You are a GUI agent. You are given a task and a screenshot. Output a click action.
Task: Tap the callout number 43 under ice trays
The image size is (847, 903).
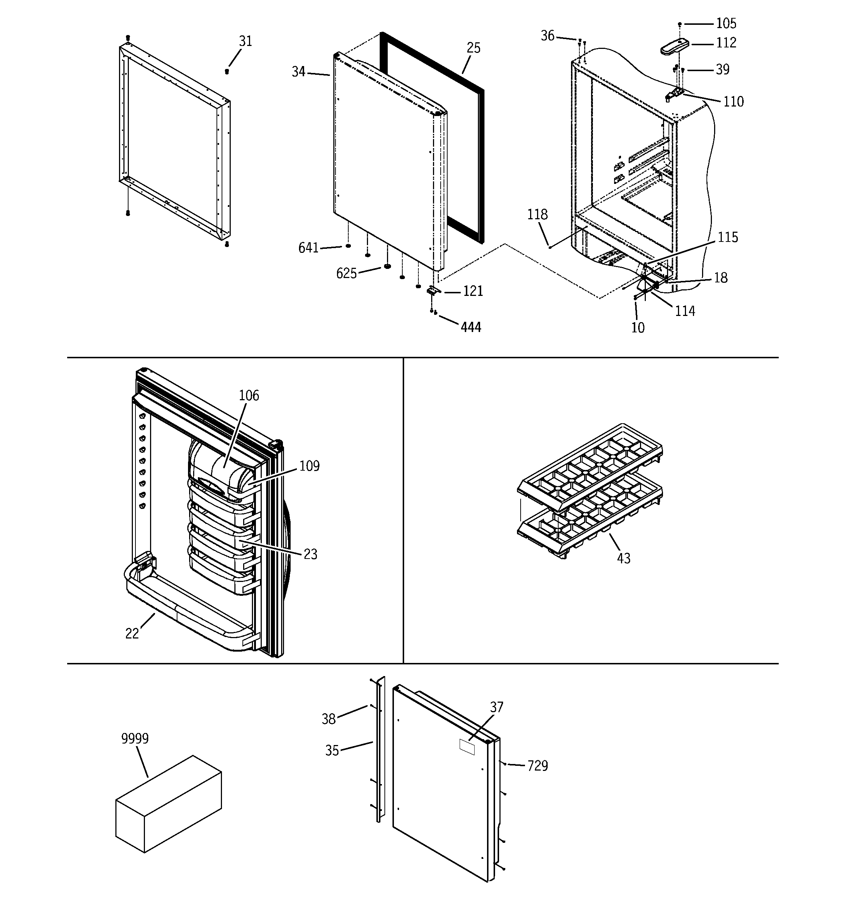623,558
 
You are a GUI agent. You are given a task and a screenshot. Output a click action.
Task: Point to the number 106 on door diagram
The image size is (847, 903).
249,395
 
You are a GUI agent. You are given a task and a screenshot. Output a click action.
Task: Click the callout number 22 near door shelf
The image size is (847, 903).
132,634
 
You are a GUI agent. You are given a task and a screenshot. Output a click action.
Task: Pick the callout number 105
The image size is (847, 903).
726,23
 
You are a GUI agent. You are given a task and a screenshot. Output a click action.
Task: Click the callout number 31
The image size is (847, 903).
245,41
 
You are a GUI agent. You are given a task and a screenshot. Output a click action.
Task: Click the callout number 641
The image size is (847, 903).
308,248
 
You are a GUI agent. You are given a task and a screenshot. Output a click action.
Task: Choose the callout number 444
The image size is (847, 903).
471,327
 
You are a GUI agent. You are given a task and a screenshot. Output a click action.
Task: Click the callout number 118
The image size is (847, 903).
537,215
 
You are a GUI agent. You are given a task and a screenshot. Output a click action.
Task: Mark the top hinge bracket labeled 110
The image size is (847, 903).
675,94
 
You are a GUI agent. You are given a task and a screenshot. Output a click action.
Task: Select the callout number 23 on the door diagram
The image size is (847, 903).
310,554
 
